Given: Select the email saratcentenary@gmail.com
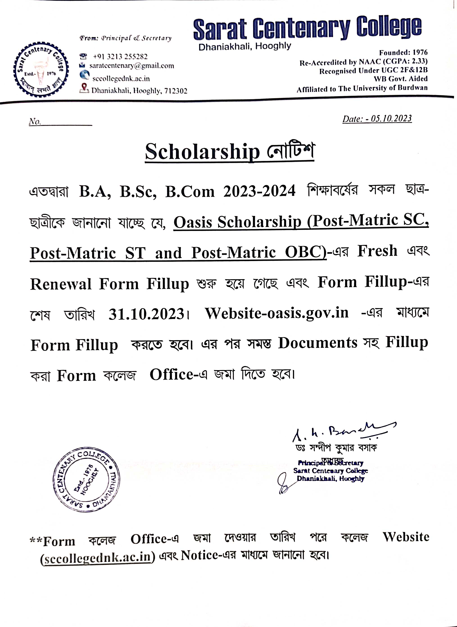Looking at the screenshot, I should click(132, 66).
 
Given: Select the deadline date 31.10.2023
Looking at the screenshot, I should click(146, 314).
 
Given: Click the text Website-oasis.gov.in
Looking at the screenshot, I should click(277, 313).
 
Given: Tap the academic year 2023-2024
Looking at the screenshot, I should click(259, 191).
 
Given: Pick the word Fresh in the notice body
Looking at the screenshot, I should click(377, 251).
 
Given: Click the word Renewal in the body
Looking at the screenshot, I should click(61, 284).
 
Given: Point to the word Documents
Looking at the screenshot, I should click(318, 343).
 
